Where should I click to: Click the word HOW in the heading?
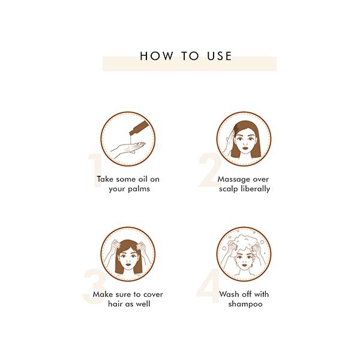tap(156, 56)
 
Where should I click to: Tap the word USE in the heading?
tap(220, 56)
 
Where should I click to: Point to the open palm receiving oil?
tap(128, 149)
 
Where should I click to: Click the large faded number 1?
tap(95, 170)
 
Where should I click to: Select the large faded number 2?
tap(209, 170)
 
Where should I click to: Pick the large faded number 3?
tap(94, 286)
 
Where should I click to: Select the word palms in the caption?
tap(139, 189)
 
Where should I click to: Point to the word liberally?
tap(256, 189)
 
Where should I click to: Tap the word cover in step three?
tap(153, 295)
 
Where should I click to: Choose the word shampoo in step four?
tap(245, 304)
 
